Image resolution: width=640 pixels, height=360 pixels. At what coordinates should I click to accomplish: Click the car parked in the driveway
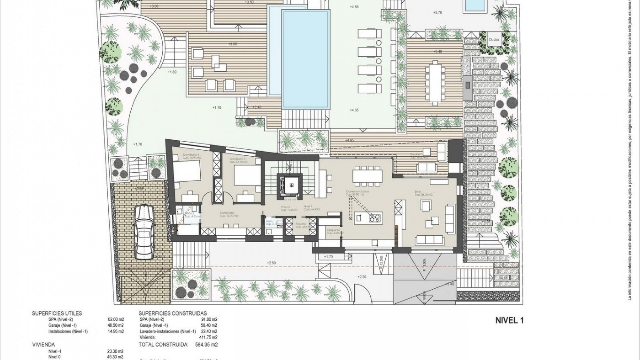144,232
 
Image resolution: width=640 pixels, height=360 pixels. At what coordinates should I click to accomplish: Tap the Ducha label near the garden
494,40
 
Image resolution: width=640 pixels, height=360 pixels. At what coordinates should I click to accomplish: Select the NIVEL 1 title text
510,321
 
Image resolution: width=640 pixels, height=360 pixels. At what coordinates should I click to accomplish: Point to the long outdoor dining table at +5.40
435,83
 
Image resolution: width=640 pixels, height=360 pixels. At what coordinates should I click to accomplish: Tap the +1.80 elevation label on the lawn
172,72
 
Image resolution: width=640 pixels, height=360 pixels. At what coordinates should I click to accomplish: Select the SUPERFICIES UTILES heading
57,313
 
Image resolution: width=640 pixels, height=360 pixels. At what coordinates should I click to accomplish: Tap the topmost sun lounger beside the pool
369,34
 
